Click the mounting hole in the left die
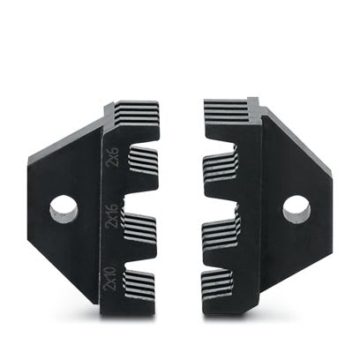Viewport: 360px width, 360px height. click(63, 208)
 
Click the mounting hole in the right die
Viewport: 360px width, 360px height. click(296, 209)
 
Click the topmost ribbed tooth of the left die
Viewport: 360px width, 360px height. click(138, 115)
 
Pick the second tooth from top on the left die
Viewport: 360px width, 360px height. click(141, 163)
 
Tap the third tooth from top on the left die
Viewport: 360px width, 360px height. click(141, 233)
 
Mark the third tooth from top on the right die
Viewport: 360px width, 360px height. click(221, 235)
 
